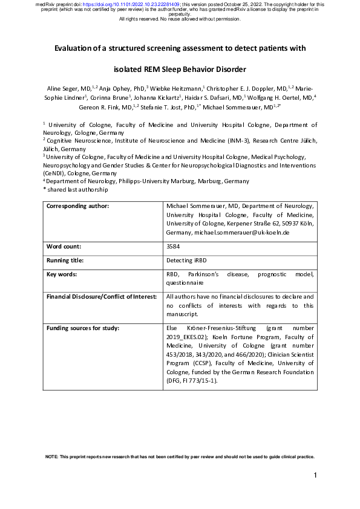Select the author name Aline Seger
pos(62,88)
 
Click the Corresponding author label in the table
pos(77,206)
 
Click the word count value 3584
pos(172,247)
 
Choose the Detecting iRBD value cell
pos(185,261)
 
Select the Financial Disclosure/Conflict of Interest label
pos(101,297)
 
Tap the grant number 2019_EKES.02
pos(188,337)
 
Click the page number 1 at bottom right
pos(316,476)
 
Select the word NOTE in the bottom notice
pos(52,456)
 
